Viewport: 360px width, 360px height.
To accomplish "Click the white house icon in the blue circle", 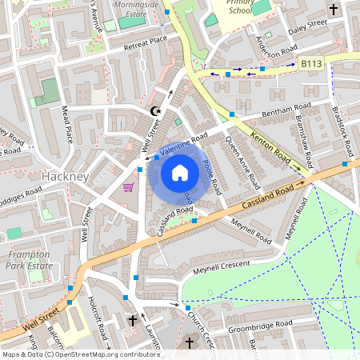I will coord(180,172).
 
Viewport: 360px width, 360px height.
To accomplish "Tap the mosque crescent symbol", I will coord(156,110).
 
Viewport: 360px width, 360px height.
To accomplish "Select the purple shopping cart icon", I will coord(128,186).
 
